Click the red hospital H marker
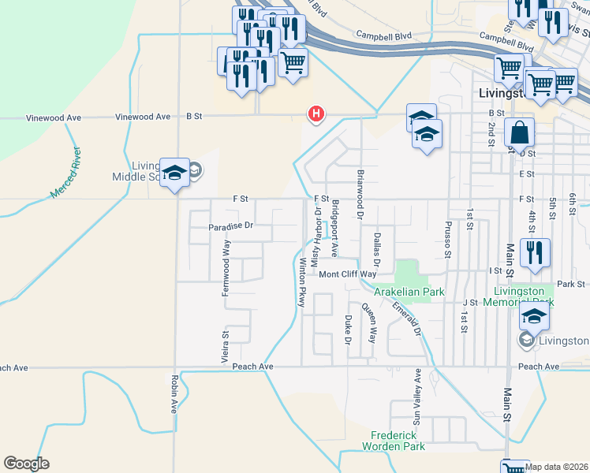(316, 114)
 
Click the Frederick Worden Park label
(398, 441)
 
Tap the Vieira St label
(224, 346)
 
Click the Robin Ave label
(174, 394)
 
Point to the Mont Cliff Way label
(348, 274)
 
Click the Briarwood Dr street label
(360, 193)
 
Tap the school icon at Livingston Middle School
(174, 171)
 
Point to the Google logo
(26, 464)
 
